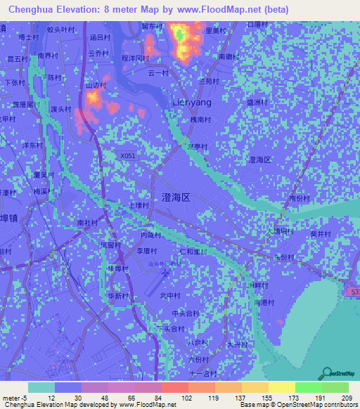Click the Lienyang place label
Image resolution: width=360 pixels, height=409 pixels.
[192, 102]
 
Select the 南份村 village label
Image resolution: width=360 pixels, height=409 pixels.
[300, 199]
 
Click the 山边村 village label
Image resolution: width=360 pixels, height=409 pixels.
[96, 86]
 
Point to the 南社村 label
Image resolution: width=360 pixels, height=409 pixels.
[88, 222]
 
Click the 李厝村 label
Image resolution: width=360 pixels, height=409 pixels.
[146, 250]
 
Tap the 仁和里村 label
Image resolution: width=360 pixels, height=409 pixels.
[192, 251]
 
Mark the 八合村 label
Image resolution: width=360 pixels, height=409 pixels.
[198, 342]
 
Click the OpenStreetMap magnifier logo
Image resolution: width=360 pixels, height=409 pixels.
[326, 373]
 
